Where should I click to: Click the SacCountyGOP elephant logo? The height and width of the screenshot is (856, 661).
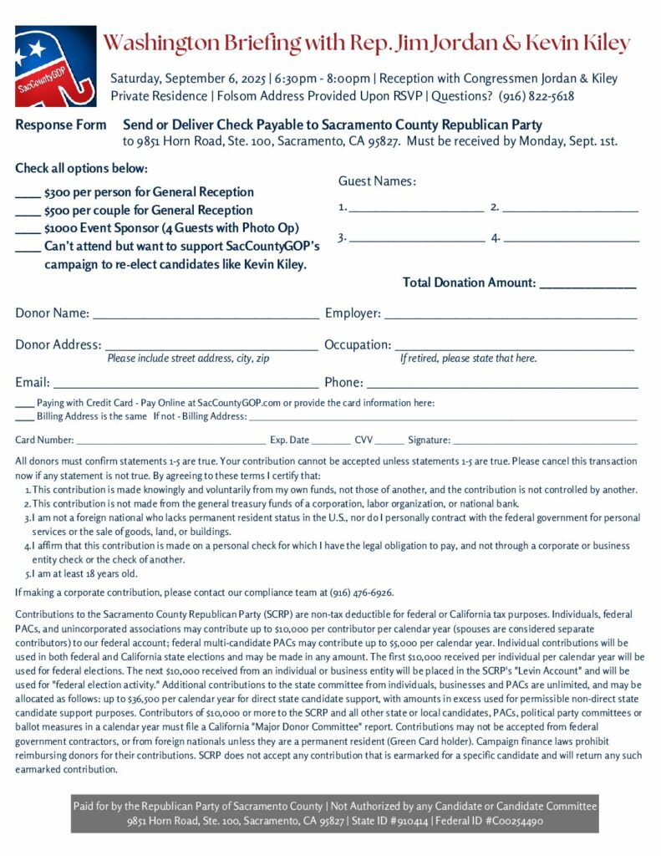55,66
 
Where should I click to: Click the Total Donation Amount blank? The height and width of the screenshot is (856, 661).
587,285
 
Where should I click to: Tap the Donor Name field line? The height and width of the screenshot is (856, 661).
206,316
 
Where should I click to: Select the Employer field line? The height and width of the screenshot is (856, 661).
510,316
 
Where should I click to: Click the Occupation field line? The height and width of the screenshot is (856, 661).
514,347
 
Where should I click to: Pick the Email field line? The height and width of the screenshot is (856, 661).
186,385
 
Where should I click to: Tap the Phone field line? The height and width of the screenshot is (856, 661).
502,385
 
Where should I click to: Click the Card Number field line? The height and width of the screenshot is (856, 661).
170,441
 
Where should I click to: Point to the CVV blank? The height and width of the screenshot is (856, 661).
389,441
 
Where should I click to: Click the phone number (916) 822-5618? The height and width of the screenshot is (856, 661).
536,96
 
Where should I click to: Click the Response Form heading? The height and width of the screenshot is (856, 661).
61,125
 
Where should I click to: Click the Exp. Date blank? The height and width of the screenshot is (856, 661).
332,441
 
